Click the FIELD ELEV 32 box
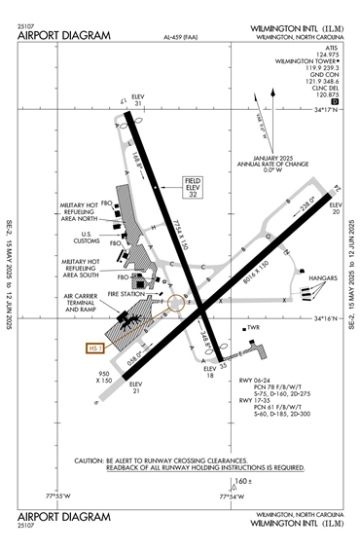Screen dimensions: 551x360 point(192,188)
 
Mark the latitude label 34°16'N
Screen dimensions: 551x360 point(327,318)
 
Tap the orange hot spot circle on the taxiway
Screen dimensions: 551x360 point(176,303)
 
